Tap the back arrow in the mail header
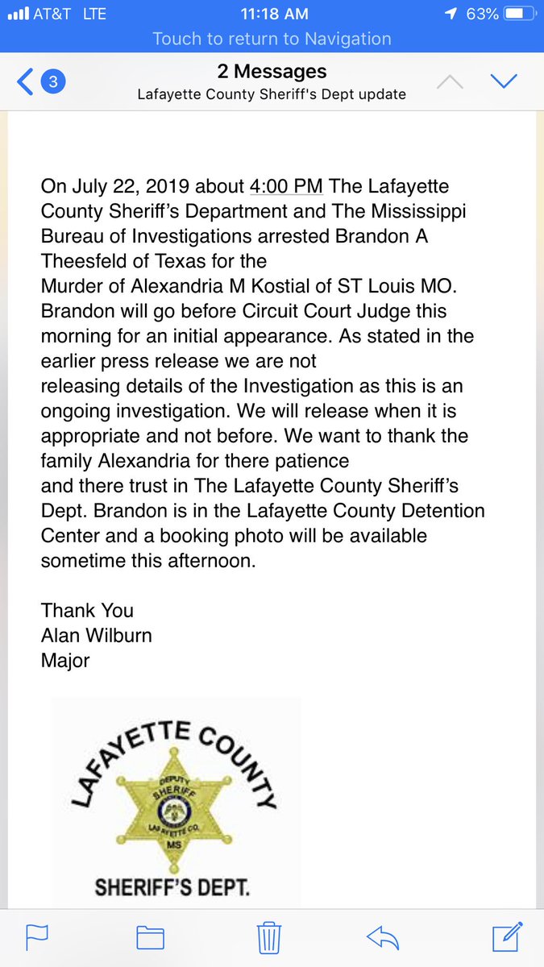25,81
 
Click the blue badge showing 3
53,81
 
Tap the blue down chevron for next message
503,81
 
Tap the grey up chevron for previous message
451,81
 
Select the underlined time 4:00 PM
286,186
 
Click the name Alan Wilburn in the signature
97,636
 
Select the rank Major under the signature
65,661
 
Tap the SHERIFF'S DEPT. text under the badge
172,888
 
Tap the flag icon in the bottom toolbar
37,937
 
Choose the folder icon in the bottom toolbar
150,937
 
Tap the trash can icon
268,937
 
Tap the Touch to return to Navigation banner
272,39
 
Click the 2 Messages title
272,73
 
